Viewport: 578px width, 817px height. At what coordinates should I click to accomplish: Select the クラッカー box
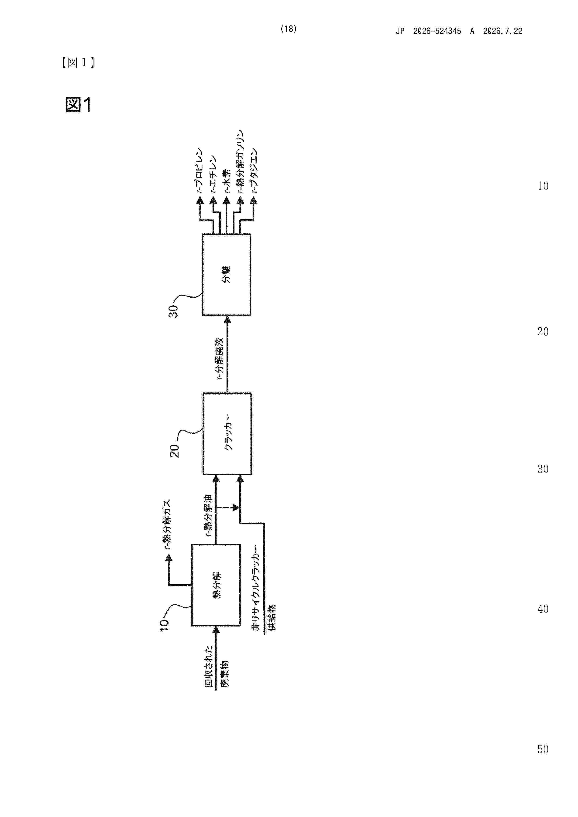[x=227, y=434]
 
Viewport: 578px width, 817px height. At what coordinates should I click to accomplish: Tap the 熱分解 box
[x=216, y=585]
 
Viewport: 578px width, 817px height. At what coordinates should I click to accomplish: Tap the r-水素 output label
[x=227, y=181]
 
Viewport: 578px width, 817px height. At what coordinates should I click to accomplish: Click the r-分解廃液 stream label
[x=220, y=358]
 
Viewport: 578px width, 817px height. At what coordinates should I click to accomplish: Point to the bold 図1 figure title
[x=78, y=105]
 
